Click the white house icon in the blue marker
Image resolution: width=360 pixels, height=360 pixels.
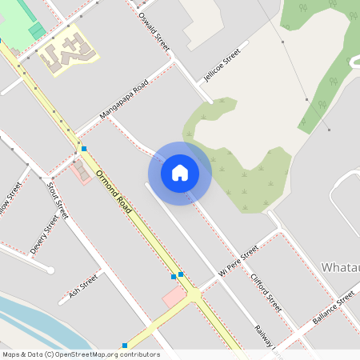(x=180, y=172)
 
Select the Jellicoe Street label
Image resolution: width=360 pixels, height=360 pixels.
(x=222, y=66)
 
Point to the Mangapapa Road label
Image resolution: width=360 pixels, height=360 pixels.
(x=124, y=102)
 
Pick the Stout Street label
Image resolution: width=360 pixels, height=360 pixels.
(x=56, y=200)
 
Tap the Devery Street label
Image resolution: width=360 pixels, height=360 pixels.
(x=44, y=234)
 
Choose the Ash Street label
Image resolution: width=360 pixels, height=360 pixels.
(x=82, y=285)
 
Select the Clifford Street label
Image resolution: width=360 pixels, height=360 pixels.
(x=266, y=291)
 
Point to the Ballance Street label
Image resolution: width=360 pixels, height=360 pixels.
(x=333, y=306)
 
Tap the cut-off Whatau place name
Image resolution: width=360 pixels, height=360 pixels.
(x=339, y=266)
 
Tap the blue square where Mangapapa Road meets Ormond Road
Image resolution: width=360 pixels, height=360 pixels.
(x=83, y=149)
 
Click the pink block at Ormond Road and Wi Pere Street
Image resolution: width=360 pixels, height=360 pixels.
(x=174, y=297)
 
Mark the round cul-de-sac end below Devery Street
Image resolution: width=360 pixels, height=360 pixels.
(x=50, y=270)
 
